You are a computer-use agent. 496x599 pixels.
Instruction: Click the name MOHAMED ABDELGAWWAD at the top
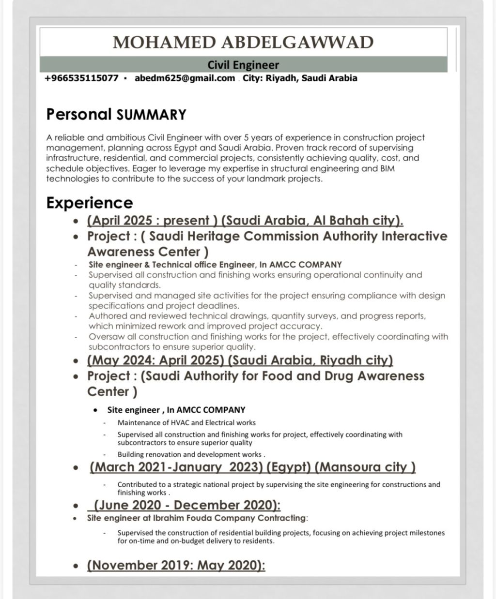[243, 43]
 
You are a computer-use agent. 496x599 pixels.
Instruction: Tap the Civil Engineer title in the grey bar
[243, 65]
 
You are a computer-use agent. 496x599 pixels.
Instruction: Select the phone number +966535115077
[81, 78]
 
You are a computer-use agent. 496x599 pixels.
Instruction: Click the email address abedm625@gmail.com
[185, 78]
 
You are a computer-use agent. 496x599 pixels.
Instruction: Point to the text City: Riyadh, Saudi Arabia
[300, 78]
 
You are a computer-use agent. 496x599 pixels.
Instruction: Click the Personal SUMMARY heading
[116, 115]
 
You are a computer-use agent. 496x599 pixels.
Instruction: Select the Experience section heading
[90, 203]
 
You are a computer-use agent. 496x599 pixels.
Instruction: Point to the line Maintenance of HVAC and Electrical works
[186, 422]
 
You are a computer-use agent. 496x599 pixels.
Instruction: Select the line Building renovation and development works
[191, 454]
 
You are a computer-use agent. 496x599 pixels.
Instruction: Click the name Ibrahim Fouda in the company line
[186, 518]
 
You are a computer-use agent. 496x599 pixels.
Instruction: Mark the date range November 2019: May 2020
[176, 565]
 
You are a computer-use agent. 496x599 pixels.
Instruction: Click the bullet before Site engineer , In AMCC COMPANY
[97, 410]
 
